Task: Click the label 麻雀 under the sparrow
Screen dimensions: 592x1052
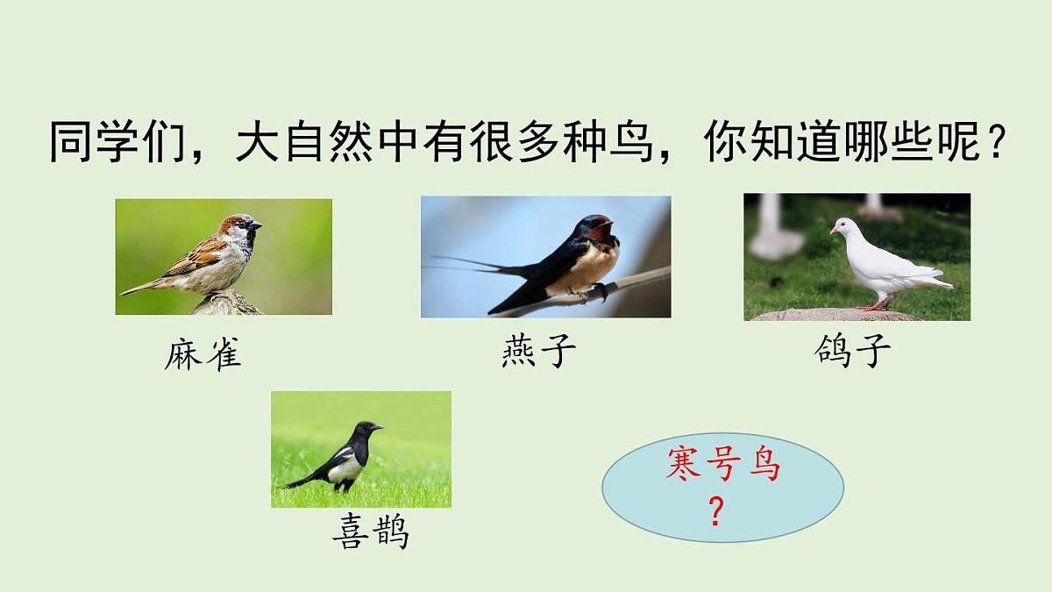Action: click(x=203, y=355)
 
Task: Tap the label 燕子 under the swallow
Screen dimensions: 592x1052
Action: click(x=538, y=353)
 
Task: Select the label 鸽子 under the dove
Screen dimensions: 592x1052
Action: click(x=852, y=353)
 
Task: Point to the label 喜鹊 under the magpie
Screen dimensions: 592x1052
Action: click(x=371, y=531)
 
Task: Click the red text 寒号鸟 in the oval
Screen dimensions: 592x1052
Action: click(x=722, y=466)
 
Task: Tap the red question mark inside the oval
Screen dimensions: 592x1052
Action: click(x=716, y=512)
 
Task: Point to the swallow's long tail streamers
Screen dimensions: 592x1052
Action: click(x=465, y=262)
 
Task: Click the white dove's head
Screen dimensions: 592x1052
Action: click(x=843, y=227)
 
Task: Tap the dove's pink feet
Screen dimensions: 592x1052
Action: click(x=874, y=306)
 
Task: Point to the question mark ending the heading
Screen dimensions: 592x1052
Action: click(x=993, y=144)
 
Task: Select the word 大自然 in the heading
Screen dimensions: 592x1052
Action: click(x=283, y=144)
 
